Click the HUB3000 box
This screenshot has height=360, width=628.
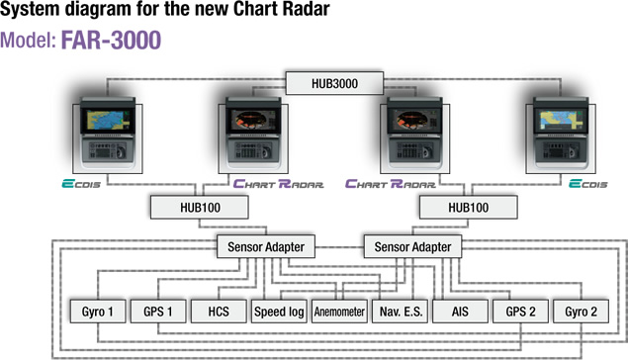tap(334, 83)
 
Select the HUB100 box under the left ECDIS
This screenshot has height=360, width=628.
tap(200, 208)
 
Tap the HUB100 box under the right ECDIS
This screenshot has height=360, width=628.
tap(468, 208)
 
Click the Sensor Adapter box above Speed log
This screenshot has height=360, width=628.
tap(266, 246)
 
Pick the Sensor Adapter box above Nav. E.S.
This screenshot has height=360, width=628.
tap(412, 246)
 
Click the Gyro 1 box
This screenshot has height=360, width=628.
tap(98, 312)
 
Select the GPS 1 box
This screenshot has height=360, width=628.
tap(158, 312)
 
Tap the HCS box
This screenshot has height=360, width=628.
tap(219, 312)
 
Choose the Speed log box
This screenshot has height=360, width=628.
tap(279, 312)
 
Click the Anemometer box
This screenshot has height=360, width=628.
tap(339, 312)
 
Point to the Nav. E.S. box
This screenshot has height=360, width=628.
tap(401, 312)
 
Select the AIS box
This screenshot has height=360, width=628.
tap(460, 312)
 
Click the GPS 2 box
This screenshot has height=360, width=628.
tap(520, 312)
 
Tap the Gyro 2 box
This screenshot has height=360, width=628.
tap(582, 312)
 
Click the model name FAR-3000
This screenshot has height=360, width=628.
tap(111, 40)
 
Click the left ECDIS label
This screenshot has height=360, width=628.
tap(81, 184)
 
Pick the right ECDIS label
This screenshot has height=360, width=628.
tap(588, 184)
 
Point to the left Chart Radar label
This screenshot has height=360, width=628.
tap(278, 184)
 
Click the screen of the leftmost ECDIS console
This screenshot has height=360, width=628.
tap(108, 120)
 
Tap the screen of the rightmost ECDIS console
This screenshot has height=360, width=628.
tap(562, 120)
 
